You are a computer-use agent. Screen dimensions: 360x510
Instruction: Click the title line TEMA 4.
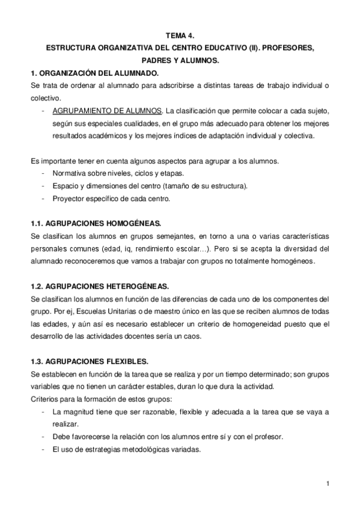(x=180, y=35)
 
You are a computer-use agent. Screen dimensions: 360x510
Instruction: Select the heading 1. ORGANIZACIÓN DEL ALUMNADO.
(x=94, y=73)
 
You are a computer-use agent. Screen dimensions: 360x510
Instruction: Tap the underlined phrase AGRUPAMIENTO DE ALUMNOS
(x=107, y=111)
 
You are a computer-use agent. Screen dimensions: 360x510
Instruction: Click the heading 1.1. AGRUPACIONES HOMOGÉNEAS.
(x=96, y=223)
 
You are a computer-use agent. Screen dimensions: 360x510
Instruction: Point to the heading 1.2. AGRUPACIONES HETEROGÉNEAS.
(x=99, y=286)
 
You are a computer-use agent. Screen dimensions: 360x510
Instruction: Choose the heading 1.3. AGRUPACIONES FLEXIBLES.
(x=89, y=361)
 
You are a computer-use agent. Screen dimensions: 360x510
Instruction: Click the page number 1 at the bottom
(x=328, y=484)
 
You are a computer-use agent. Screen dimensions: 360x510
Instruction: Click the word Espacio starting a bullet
(x=66, y=186)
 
